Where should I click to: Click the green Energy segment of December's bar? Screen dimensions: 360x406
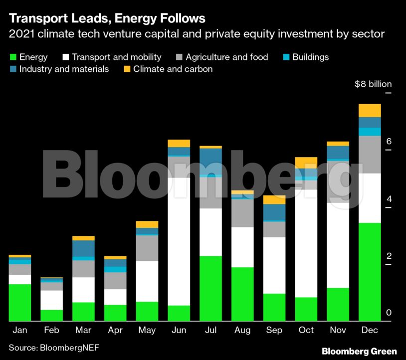[370, 271]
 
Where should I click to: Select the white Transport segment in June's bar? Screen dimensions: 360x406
[179, 241]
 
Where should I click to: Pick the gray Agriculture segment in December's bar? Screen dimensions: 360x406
[370, 155]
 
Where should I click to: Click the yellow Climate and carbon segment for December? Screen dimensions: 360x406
[370, 110]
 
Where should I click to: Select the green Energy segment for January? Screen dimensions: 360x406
[20, 302]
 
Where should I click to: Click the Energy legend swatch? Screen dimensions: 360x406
[12, 57]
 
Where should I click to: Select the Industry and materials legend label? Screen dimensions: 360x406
[64, 69]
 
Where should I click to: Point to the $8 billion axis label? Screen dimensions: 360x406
[373, 84]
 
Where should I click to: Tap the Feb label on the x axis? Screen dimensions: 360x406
[51, 330]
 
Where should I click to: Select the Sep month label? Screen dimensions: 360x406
[274, 330]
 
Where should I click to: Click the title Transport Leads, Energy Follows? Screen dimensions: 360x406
[107, 19]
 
